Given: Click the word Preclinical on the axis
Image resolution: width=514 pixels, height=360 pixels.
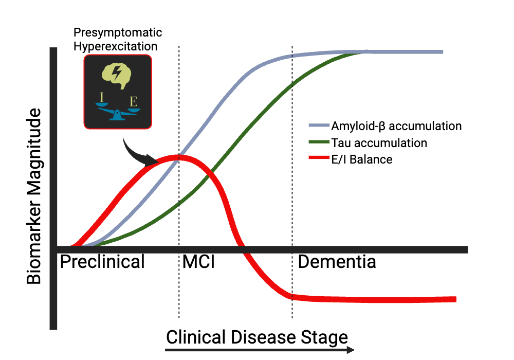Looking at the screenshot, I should [102, 262].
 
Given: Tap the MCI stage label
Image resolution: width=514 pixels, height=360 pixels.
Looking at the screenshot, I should [198, 262].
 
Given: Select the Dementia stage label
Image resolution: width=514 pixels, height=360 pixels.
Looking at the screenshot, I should [337, 262].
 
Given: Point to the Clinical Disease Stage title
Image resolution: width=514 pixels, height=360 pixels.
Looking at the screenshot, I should [256, 337].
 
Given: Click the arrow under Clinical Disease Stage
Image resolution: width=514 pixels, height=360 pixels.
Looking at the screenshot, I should [260, 350].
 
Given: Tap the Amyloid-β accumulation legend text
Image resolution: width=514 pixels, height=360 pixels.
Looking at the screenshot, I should [396, 126].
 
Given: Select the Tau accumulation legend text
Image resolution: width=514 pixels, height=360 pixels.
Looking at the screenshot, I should [379, 142].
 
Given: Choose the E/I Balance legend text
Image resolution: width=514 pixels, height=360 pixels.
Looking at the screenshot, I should [362, 159].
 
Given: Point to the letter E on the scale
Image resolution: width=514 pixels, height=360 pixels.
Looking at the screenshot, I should [134, 99].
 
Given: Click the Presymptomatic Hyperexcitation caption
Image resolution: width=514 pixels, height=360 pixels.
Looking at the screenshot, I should [118, 40].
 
